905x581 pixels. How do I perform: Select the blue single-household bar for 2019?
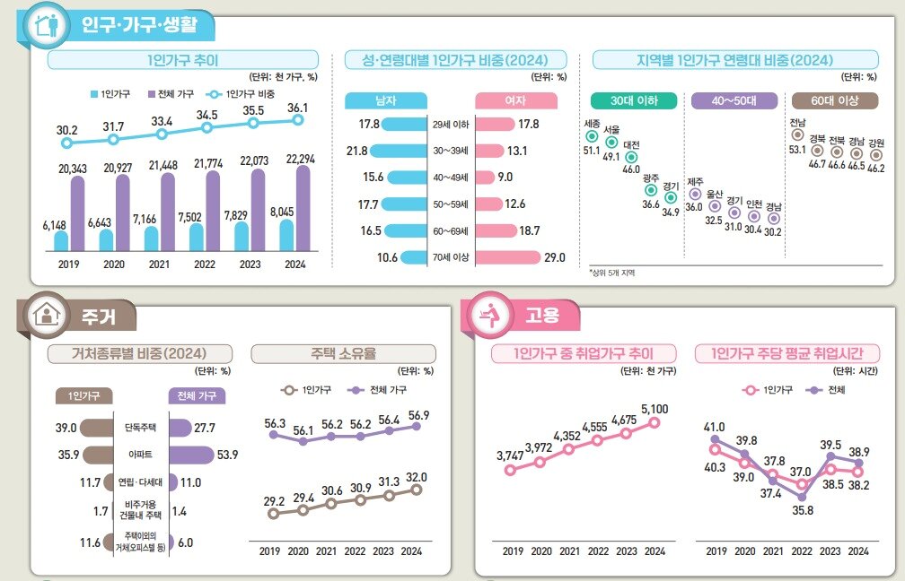tap(61, 240)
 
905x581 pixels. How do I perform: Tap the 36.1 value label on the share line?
tap(297, 108)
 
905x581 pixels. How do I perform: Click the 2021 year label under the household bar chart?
tap(158, 264)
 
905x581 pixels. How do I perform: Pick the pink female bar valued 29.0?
tap(507, 257)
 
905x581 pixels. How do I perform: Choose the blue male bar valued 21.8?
tap(398, 151)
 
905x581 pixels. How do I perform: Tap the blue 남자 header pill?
tap(385, 100)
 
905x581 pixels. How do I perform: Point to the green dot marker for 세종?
tap(592, 137)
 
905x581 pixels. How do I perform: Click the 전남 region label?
tap(796, 122)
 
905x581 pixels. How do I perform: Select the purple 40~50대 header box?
tap(734, 100)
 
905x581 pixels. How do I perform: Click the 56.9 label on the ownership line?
tap(417, 414)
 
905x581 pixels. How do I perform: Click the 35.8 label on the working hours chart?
tap(802, 511)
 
